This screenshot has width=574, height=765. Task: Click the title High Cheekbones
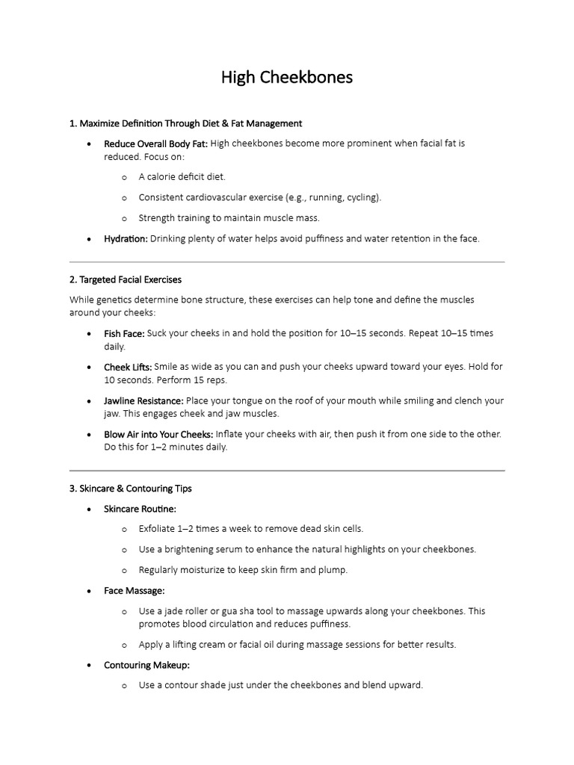pos(286,77)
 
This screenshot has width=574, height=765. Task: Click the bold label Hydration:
pos(126,239)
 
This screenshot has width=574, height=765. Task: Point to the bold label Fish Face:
pos(124,333)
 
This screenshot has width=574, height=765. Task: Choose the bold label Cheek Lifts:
pos(128,367)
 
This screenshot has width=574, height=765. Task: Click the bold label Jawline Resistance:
pos(143,401)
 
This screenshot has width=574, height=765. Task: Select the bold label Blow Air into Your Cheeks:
pos(158,434)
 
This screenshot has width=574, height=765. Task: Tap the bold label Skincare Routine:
pos(140,509)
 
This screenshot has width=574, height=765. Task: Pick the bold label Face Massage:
pos(134,591)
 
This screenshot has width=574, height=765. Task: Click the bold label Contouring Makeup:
pos(146,665)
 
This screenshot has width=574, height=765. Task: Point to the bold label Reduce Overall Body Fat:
pos(155,143)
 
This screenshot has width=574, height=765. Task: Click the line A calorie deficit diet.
pos(182,177)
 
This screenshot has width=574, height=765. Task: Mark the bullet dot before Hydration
pos(90,239)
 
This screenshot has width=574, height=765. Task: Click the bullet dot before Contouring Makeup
pos(90,665)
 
